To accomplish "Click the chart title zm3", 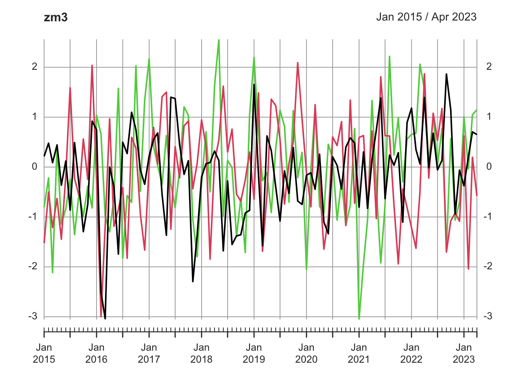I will coord(56,17).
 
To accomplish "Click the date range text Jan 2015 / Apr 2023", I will coord(426,17).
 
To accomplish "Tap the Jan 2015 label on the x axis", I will coord(44,353).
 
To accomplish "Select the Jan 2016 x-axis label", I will coord(96,353).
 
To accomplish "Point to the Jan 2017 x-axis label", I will coord(149,353).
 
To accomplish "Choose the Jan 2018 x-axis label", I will coord(201,353).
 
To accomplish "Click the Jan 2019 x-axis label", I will coord(254,353).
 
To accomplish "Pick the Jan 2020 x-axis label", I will coord(306,353).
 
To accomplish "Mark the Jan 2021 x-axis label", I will coord(359,353).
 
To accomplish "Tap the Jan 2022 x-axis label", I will coord(411,353).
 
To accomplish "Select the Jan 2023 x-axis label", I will coord(464,353).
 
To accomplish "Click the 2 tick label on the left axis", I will coord(35,67).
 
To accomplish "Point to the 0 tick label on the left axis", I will coord(35,167).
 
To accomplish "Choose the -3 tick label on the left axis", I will coord(33,316).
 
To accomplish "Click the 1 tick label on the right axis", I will coord(489,117).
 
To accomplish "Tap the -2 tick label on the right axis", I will coord(487,266).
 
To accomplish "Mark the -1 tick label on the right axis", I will coord(487,216).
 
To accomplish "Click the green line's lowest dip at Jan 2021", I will coord(359,319).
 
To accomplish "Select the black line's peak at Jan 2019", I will coord(254,84).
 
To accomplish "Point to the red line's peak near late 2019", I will coord(298,63).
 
